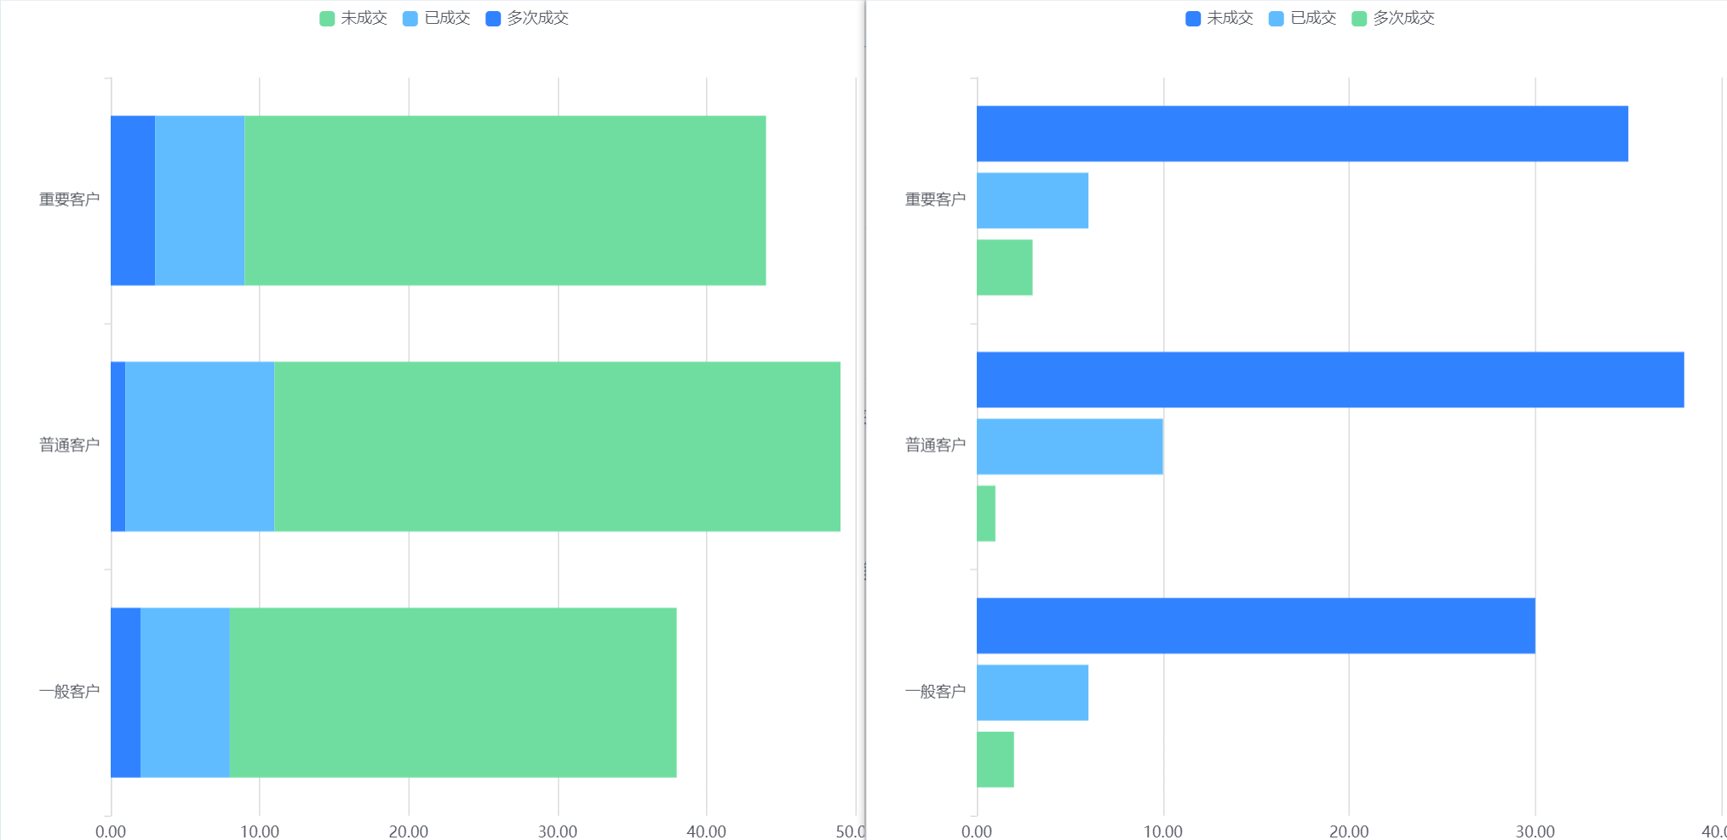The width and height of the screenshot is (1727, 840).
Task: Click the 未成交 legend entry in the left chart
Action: coord(353,18)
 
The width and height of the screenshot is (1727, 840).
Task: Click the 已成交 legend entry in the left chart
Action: coord(437,18)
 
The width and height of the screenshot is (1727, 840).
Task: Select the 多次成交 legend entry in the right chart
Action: coord(1393,18)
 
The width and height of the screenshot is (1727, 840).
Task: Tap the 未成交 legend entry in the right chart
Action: coord(1219,18)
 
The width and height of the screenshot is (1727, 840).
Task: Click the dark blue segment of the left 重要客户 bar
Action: coord(133,200)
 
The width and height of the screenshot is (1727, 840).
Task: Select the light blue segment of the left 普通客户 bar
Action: coord(200,446)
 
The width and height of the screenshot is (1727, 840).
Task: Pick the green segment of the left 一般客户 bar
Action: coord(453,693)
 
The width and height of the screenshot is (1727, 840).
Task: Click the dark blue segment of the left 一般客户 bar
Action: coord(126,693)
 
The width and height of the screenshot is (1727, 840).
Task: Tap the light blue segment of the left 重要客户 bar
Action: coord(200,200)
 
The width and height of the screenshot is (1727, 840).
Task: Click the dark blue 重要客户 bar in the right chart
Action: coord(1302,134)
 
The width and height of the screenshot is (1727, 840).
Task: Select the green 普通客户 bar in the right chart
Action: coord(986,514)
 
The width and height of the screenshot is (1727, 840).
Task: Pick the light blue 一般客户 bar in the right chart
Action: coord(1032,693)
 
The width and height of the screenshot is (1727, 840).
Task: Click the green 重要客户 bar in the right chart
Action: coord(1005,268)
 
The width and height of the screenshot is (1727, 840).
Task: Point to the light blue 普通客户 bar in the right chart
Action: coord(1070,446)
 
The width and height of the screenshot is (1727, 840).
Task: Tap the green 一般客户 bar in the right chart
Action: coord(995,760)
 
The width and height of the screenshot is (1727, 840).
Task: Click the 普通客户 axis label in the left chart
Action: coord(70,446)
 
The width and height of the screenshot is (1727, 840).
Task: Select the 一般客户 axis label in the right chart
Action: coord(936,692)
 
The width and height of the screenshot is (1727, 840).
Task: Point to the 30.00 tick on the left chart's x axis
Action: coord(558,831)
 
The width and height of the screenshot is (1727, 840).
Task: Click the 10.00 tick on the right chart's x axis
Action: coord(1163,831)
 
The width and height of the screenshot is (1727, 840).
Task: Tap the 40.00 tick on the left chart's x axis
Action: coord(707,831)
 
